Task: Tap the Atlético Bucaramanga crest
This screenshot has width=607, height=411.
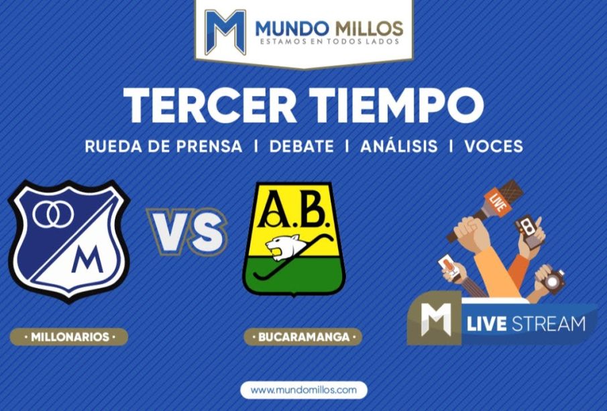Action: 294,239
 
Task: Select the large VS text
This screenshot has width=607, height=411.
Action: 187,232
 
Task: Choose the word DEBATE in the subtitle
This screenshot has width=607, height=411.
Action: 302,146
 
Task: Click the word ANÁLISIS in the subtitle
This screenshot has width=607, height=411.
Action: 398,145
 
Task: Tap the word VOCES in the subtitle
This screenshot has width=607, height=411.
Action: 494,146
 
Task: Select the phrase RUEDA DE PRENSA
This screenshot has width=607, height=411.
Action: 164,146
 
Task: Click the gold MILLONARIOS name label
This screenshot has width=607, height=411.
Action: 69,337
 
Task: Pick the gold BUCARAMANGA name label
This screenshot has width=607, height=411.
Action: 302,337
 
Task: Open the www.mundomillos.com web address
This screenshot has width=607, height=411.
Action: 303,390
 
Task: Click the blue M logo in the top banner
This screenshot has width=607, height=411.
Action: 225,32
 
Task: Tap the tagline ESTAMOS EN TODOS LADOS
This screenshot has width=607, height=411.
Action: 329,41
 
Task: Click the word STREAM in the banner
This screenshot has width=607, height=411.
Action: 549,324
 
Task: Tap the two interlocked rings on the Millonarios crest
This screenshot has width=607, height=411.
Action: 54,215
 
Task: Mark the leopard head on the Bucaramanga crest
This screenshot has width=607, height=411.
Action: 280,247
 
